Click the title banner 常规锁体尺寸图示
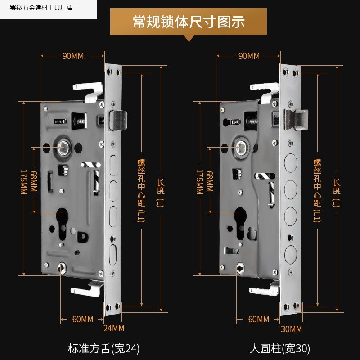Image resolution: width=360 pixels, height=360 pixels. (x=189, y=21)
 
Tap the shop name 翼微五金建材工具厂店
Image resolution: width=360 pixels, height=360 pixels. (x=41, y=8)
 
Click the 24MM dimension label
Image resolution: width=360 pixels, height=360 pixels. (x=114, y=329)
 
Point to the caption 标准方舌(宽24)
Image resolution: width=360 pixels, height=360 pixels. (x=104, y=348)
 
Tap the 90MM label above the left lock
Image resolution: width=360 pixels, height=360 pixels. (x=73, y=56)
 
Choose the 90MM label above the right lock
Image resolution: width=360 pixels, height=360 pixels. (x=249, y=56)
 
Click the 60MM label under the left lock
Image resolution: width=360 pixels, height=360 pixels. (x=83, y=319)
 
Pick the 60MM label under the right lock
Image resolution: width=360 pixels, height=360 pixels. (x=259, y=319)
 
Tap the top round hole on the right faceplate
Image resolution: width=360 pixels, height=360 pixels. (x=291, y=161)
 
